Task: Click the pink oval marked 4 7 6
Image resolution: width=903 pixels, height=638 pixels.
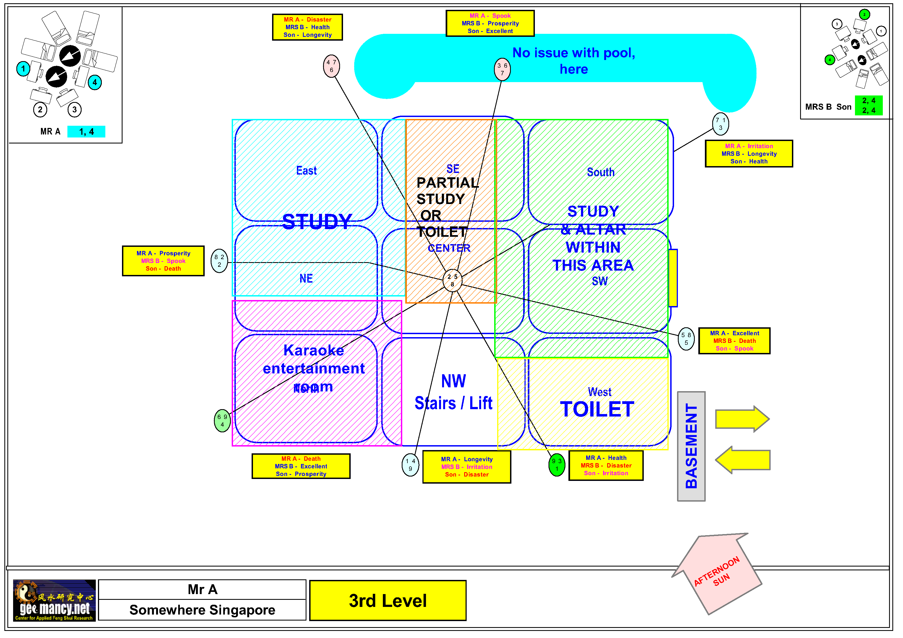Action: pos(331,66)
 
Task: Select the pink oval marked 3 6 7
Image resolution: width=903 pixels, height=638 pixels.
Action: pos(502,69)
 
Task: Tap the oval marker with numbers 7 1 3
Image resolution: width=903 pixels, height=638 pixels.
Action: pos(720,124)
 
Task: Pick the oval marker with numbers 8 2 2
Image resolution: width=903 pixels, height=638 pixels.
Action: pos(219,260)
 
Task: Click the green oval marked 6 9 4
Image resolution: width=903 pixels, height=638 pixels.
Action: pos(222,420)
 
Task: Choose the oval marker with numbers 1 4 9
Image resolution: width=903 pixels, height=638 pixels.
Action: pos(410,465)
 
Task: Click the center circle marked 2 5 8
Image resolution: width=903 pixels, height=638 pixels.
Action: pos(452,280)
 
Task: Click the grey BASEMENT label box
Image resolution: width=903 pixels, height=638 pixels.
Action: pos(691,446)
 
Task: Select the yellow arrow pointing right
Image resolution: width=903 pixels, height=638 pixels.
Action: pos(742,419)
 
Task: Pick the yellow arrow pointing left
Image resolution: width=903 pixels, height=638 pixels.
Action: pos(743,460)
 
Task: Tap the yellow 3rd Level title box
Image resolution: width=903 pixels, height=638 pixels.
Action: pos(388,600)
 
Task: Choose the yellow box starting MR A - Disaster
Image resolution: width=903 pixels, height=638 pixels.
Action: pos(307,27)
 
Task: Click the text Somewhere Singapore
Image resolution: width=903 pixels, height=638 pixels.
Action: pos(202,610)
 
